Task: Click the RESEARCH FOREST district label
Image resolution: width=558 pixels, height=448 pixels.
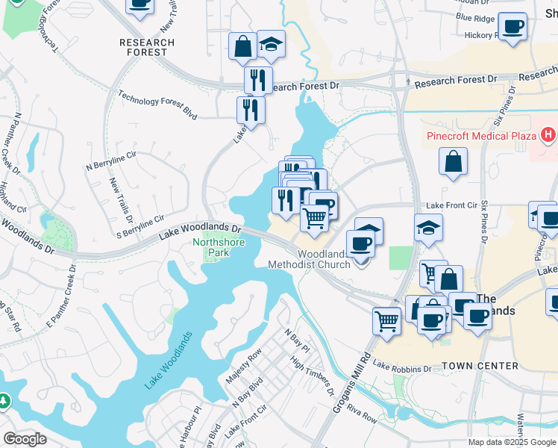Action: coord(147,48)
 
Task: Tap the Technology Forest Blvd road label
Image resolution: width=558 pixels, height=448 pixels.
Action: coord(157,104)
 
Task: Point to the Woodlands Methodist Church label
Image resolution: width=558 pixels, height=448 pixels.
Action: coord(313,259)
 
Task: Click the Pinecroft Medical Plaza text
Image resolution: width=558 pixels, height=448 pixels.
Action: coord(481,136)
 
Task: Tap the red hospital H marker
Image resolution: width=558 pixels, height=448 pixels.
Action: coord(549,135)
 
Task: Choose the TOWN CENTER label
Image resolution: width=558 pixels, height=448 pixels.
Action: coord(480,366)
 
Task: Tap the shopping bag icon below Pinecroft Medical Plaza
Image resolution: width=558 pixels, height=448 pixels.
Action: coord(453,161)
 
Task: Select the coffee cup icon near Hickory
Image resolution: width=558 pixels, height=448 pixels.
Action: coord(512,28)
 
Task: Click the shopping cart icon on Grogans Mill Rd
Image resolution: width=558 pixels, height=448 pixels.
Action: coord(386,321)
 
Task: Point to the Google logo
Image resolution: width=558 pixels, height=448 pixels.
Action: coord(25,439)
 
